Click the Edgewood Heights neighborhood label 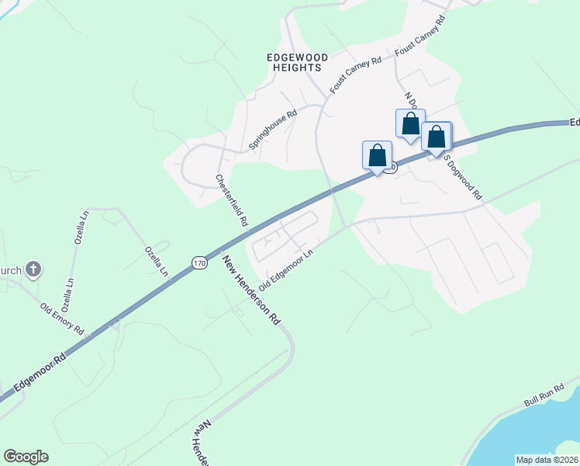coord(298,62)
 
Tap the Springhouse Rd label coord(273,130)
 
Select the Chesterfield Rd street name coord(231,200)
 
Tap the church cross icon coord(33,270)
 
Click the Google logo coord(26,457)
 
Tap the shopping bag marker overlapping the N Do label coord(410,123)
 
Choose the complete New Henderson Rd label coord(251,290)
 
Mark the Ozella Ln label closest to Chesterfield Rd coord(156,261)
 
